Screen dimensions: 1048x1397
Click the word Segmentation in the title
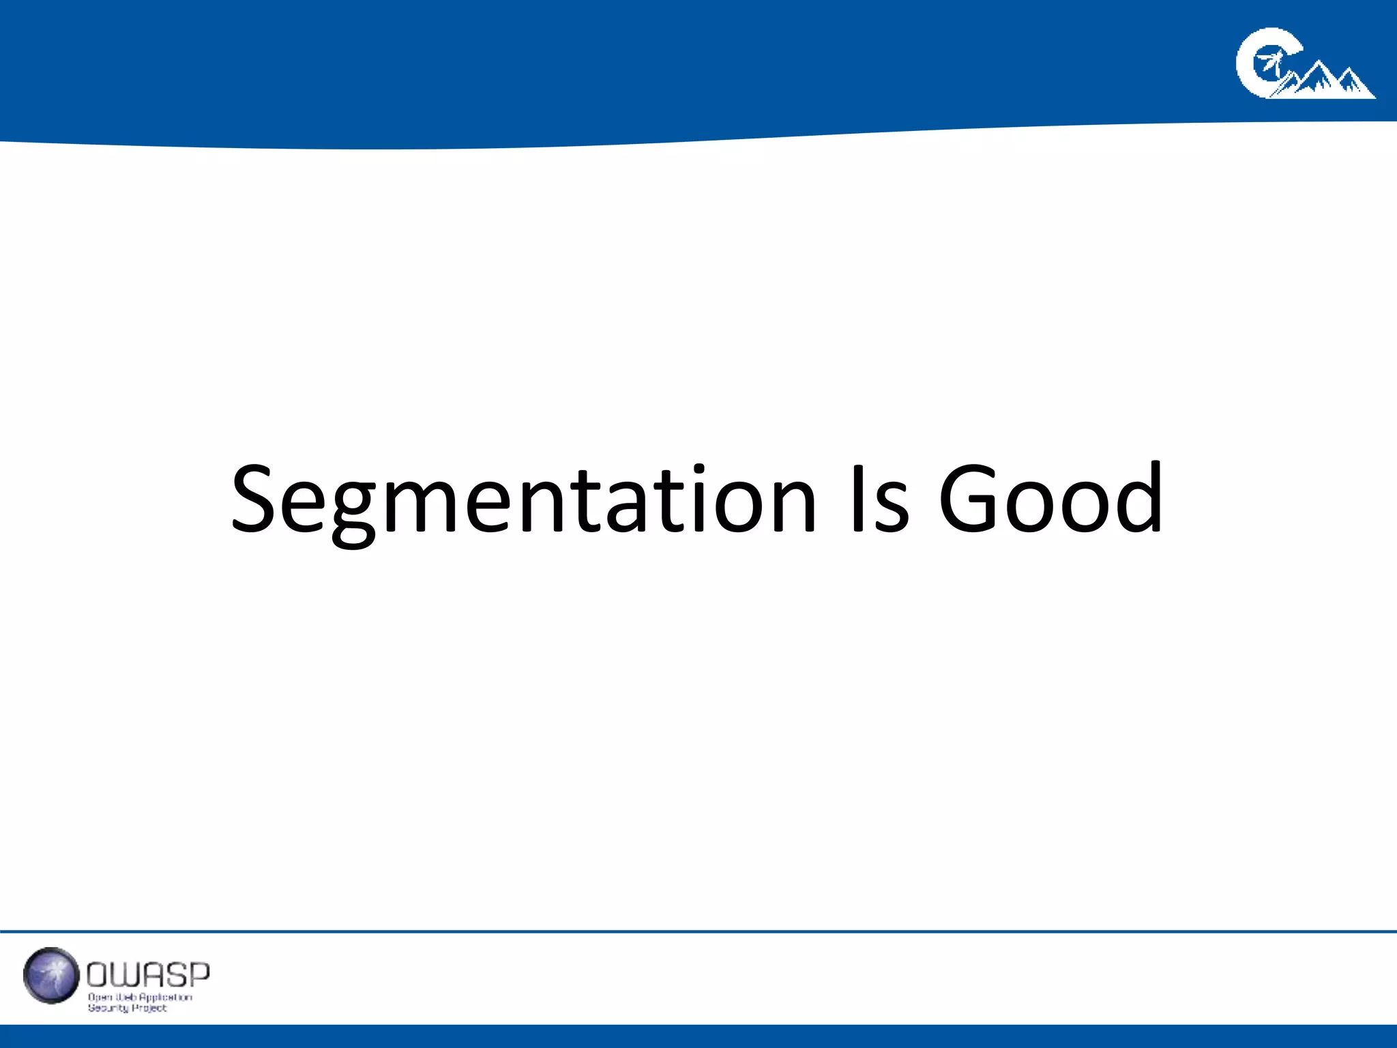pyautogui.click(x=523, y=500)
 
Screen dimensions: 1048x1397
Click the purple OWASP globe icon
pyautogui.click(x=51, y=975)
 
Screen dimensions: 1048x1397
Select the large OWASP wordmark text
pyautogui.click(x=148, y=975)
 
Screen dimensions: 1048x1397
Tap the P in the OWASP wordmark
pyautogui.click(x=198, y=975)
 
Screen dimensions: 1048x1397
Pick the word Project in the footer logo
pyautogui.click(x=149, y=1008)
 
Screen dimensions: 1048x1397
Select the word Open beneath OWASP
pyautogui.click(x=99, y=997)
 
